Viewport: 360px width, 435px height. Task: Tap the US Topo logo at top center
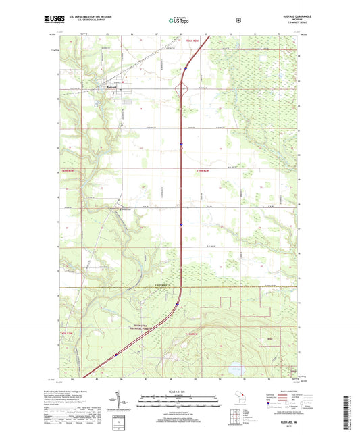pyautogui.click(x=180, y=20)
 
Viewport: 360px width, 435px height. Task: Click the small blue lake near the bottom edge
pyautogui.click(x=234, y=369)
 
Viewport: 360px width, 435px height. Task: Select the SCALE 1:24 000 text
pyautogui.click(x=180, y=392)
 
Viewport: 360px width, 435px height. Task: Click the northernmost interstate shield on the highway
pyautogui.click(x=186, y=67)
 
